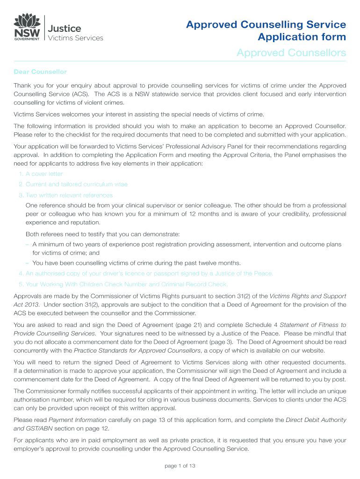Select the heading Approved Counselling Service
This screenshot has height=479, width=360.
pyautogui.click(x=266, y=25)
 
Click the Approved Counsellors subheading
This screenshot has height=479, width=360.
pyautogui.click(x=291, y=53)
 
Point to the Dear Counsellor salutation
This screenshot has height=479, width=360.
pyautogui.click(x=40, y=72)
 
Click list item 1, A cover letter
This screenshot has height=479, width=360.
pyautogui.click(x=41, y=174)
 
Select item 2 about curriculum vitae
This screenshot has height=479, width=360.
pyautogui.click(x=73, y=184)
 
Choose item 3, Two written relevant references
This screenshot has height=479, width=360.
pyautogui.click(x=65, y=195)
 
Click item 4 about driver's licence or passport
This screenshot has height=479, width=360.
pyautogui.click(x=146, y=273)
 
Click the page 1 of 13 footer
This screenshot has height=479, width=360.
pyautogui.click(x=180, y=466)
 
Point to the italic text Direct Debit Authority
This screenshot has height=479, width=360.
pyautogui.click(x=316, y=420)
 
